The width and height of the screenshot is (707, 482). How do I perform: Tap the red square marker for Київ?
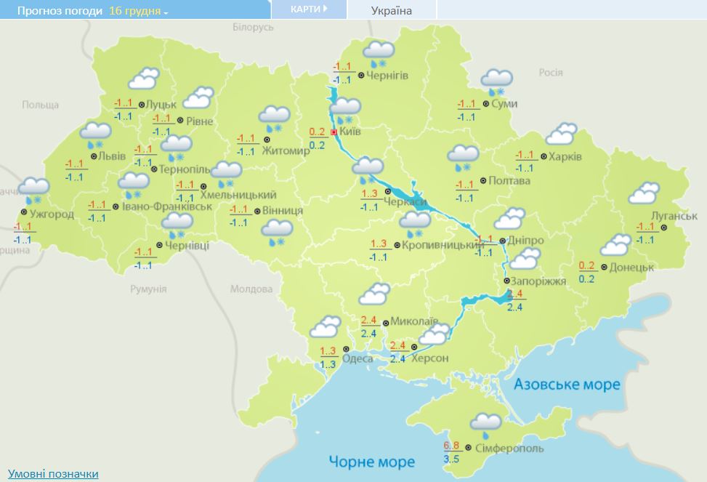coord(334,132)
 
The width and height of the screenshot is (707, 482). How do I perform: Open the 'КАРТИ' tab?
coord(308,9)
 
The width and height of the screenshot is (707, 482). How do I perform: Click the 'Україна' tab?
coord(391,11)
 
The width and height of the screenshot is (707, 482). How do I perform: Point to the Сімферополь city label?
coord(509,449)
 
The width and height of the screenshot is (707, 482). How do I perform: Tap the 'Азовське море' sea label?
coord(567,384)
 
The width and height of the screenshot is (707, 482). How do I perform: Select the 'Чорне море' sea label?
coord(371,462)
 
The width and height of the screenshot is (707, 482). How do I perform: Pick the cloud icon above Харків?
coord(561,134)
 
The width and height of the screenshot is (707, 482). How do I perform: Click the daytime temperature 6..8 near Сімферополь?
coord(451,445)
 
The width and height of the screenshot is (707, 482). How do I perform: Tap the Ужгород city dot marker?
coord(24,212)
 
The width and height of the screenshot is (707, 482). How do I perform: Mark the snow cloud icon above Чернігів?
coord(378,53)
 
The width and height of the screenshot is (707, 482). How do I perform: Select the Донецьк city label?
coord(632,267)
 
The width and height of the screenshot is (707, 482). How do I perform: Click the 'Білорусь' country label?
coord(253,27)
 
